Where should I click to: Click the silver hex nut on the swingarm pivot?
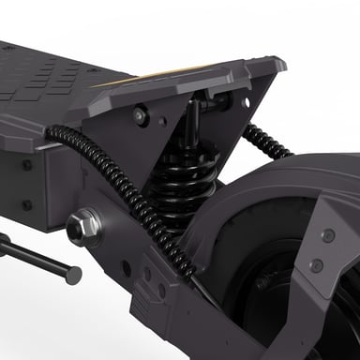(x=83, y=225)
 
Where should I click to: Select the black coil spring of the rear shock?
(x=187, y=183)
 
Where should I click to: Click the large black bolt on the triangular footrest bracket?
(x=141, y=115)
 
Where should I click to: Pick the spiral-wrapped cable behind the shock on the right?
(x=266, y=142)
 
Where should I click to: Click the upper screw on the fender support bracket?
(x=327, y=234)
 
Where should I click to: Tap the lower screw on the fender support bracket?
(x=317, y=265)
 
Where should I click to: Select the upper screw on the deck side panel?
(x=26, y=165)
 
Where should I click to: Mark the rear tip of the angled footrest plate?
(x=277, y=64)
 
